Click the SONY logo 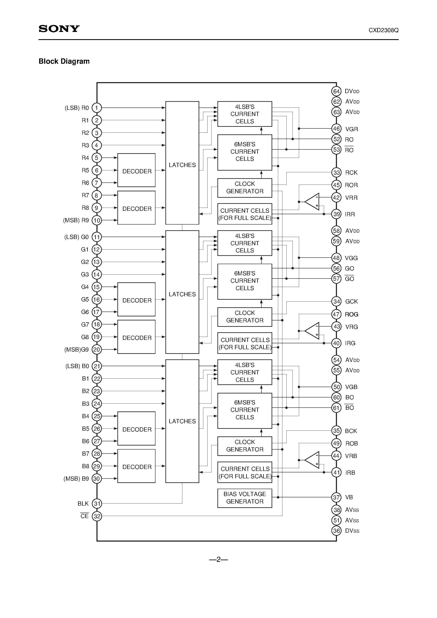point(59,29)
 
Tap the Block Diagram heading point(64,61)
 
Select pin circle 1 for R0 point(97,108)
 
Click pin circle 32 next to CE point(97,516)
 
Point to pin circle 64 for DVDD point(336,91)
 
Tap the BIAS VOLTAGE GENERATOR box point(245,498)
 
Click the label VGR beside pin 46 point(351,129)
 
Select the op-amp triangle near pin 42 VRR point(312,201)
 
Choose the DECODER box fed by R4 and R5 point(136,170)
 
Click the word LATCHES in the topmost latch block point(182,165)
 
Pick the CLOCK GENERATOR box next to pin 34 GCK point(245,317)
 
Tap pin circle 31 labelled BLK point(97,503)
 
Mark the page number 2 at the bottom point(218,560)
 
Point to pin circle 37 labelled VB point(336,497)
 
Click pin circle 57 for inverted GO point(336,279)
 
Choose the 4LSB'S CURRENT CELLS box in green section point(245,243)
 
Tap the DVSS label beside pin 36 point(352,531)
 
